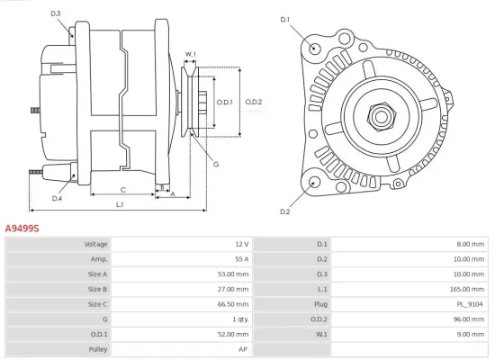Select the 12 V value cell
click(240, 244)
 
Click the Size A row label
click(97, 274)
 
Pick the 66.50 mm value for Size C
click(234, 303)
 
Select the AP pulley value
click(243, 347)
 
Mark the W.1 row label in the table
click(322, 333)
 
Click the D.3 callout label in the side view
click(56, 13)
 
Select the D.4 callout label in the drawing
click(57, 198)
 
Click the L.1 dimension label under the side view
click(120, 206)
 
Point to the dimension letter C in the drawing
click(122, 190)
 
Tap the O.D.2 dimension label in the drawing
click(253, 102)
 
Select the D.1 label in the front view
click(285, 19)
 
